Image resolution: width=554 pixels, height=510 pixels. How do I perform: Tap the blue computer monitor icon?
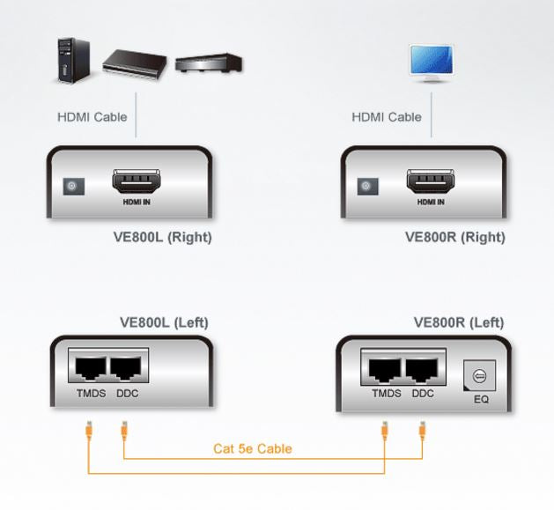(x=431, y=62)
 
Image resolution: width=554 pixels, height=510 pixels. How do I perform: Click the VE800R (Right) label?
(x=454, y=237)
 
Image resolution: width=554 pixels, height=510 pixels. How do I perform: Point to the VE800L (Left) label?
(x=164, y=322)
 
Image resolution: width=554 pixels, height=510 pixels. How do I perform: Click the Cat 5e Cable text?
(x=253, y=448)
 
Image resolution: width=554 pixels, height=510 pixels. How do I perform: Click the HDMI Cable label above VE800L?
(x=92, y=116)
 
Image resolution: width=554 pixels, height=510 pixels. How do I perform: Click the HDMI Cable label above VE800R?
(x=387, y=116)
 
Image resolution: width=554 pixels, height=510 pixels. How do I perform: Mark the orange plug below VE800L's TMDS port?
(x=87, y=431)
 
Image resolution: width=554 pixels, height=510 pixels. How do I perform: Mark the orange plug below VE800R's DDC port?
(x=422, y=431)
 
